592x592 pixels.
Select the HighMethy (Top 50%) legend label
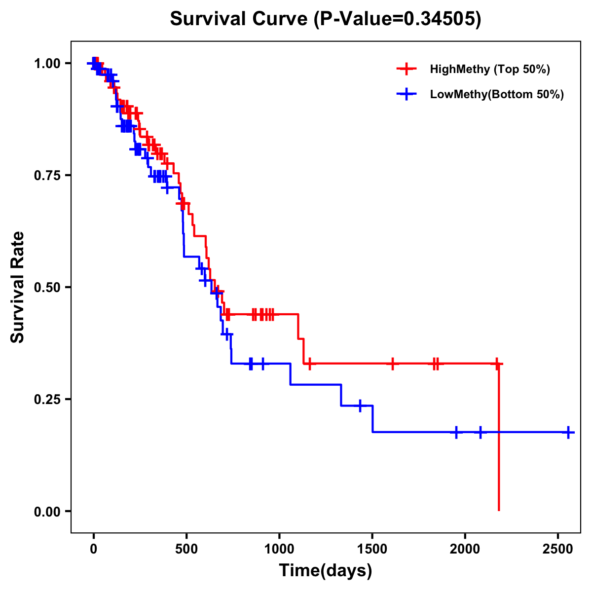pyautogui.click(x=489, y=69)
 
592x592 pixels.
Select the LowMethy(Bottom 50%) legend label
pyautogui.click(x=497, y=95)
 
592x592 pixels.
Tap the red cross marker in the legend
pyautogui.click(x=406, y=69)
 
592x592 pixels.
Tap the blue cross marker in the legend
pyautogui.click(x=406, y=95)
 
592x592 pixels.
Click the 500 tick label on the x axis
pyautogui.click(x=186, y=549)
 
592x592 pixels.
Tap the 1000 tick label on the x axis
pyautogui.click(x=279, y=549)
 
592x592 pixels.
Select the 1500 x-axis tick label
pyautogui.click(x=372, y=549)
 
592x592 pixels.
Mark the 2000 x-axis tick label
pyautogui.click(x=465, y=549)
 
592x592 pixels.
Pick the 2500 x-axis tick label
pyautogui.click(x=558, y=549)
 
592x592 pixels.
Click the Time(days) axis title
pyautogui.click(x=326, y=571)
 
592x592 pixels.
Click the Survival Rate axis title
pyautogui.click(x=18, y=287)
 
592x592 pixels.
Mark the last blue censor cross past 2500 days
pyautogui.click(x=568, y=432)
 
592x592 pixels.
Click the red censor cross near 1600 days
pyautogui.click(x=392, y=364)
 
